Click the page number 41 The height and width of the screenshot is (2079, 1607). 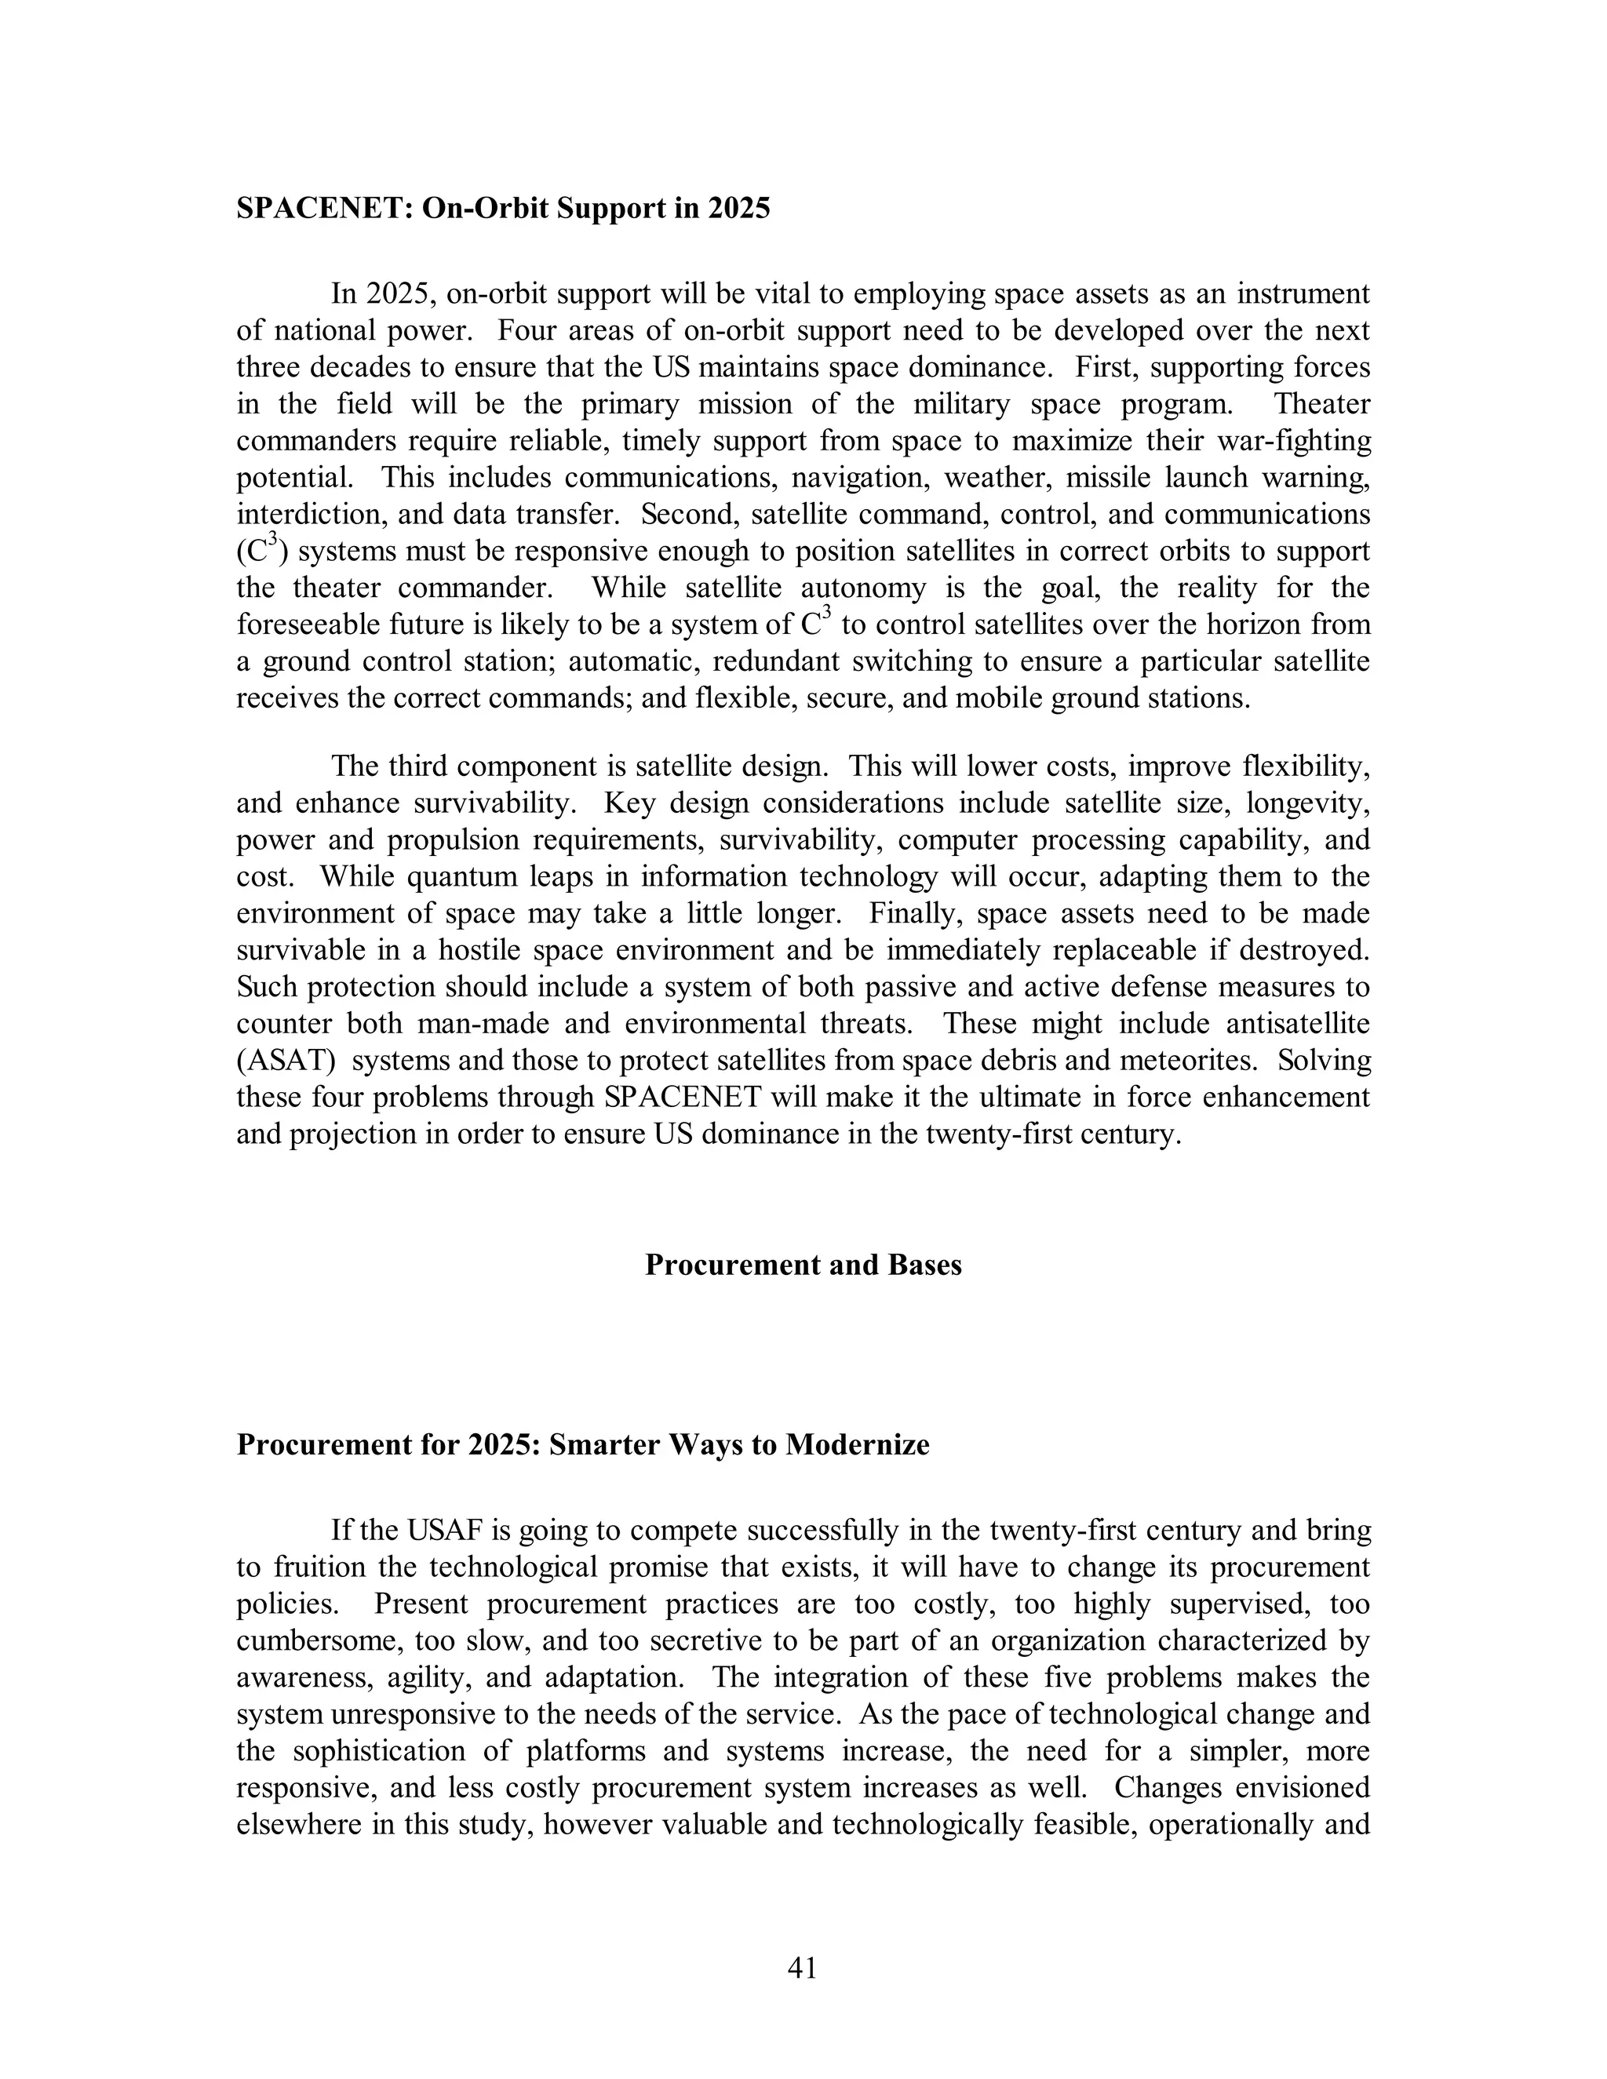click(803, 1968)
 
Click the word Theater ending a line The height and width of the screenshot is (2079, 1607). click(1322, 405)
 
